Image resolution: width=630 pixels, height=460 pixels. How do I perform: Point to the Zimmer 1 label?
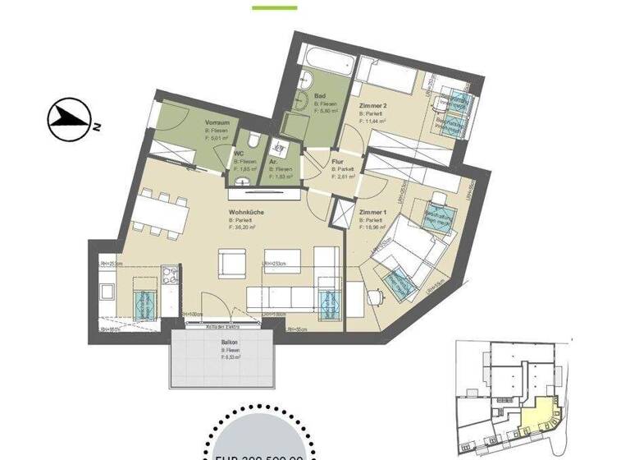(x=373, y=212)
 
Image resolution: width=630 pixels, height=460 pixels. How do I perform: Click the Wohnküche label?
(x=245, y=212)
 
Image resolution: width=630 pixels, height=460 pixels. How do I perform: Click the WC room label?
(x=239, y=153)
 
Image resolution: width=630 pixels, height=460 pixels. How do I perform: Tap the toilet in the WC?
(x=255, y=140)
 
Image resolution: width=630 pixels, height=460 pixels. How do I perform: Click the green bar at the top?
(x=274, y=7)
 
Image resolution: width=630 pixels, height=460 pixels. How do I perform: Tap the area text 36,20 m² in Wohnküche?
(x=247, y=228)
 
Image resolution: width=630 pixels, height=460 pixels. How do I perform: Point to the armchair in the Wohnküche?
(x=232, y=264)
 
